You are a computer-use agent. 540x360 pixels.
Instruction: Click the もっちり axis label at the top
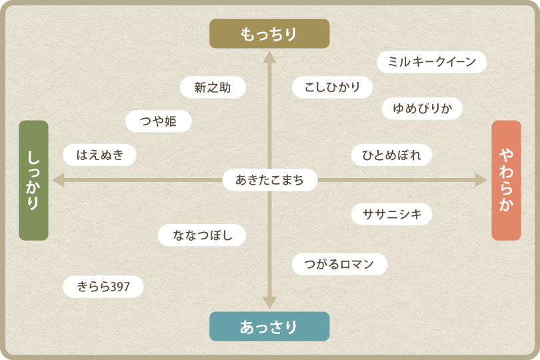coord(269,33)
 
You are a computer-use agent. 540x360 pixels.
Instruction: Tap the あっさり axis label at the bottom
coord(269,327)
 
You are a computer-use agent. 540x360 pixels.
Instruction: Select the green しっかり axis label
coord(33,180)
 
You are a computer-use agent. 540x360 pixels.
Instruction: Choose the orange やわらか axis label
coord(506,180)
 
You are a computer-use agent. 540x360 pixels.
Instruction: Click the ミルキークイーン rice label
coord(431,62)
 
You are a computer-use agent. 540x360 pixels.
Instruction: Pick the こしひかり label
coord(332,87)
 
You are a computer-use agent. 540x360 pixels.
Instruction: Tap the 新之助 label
coord(213,87)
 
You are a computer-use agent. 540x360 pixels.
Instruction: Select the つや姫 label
coord(159,121)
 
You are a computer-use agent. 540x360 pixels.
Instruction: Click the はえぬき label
coord(100,155)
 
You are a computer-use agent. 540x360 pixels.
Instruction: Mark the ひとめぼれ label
coord(391,155)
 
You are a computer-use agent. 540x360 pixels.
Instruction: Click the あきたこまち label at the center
coord(269,179)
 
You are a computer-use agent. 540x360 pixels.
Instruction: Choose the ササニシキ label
coord(391,214)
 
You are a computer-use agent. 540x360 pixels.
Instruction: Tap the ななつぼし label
coord(202,235)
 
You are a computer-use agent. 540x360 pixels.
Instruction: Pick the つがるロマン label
coord(339,264)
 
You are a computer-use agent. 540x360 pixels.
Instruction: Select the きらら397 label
coord(103,287)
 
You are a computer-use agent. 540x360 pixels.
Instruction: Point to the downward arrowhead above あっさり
coord(269,303)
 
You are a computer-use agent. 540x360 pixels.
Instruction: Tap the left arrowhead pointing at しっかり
coord(59,180)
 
